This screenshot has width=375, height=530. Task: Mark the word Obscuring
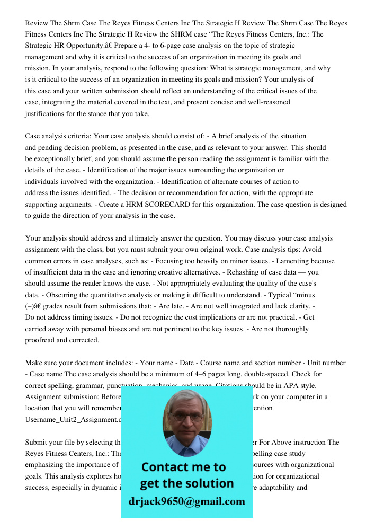point(64,295)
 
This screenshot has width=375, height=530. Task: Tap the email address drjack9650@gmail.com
point(187,501)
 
